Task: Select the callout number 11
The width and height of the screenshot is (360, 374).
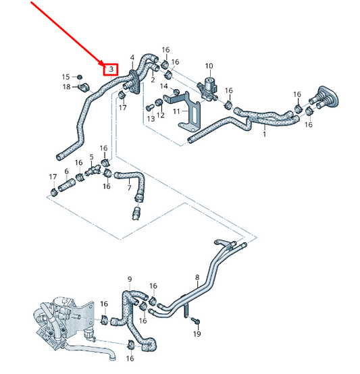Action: click(x=176, y=111)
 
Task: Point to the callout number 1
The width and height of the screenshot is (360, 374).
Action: click(x=264, y=135)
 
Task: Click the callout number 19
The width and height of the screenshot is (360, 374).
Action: click(x=197, y=334)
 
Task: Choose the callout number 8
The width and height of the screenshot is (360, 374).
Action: click(x=197, y=277)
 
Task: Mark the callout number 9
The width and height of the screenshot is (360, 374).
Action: click(x=130, y=278)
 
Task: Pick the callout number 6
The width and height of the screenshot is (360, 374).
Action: click(x=66, y=171)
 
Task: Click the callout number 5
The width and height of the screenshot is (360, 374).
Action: click(x=92, y=157)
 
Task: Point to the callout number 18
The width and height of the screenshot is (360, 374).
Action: click(x=66, y=86)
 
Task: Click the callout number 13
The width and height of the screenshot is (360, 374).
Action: click(x=151, y=118)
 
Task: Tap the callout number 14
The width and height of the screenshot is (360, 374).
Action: click(x=164, y=86)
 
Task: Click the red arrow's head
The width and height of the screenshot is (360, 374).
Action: click(x=103, y=63)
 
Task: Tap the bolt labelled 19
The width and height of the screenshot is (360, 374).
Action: click(x=193, y=319)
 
